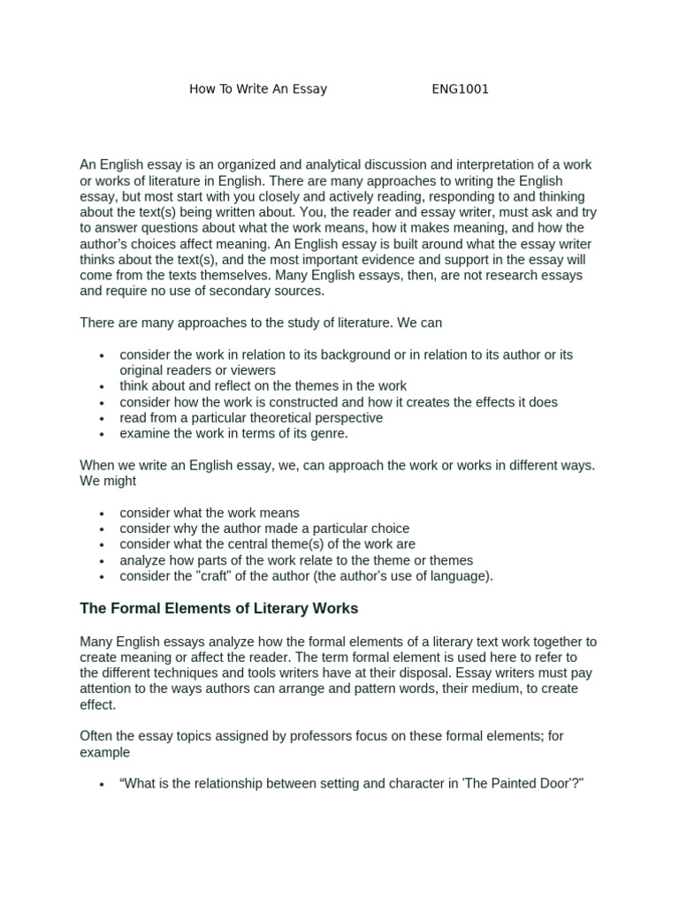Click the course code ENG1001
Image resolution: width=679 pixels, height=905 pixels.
(460, 89)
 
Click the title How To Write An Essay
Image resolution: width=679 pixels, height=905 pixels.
(258, 89)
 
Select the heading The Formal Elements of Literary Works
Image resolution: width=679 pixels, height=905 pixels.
(219, 609)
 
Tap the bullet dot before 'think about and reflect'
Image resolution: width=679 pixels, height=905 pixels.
(103, 387)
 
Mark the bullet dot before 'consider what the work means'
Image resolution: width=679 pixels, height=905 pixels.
(103, 513)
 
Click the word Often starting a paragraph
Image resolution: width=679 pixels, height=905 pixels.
(97, 737)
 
